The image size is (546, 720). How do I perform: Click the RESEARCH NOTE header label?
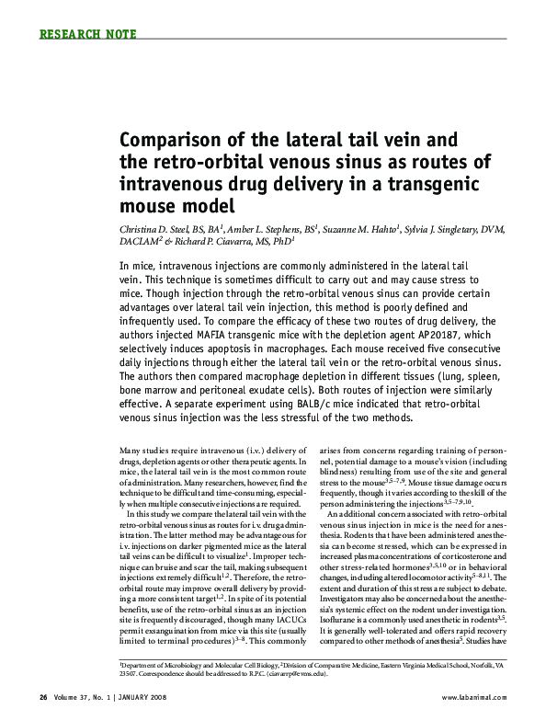click(89, 35)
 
